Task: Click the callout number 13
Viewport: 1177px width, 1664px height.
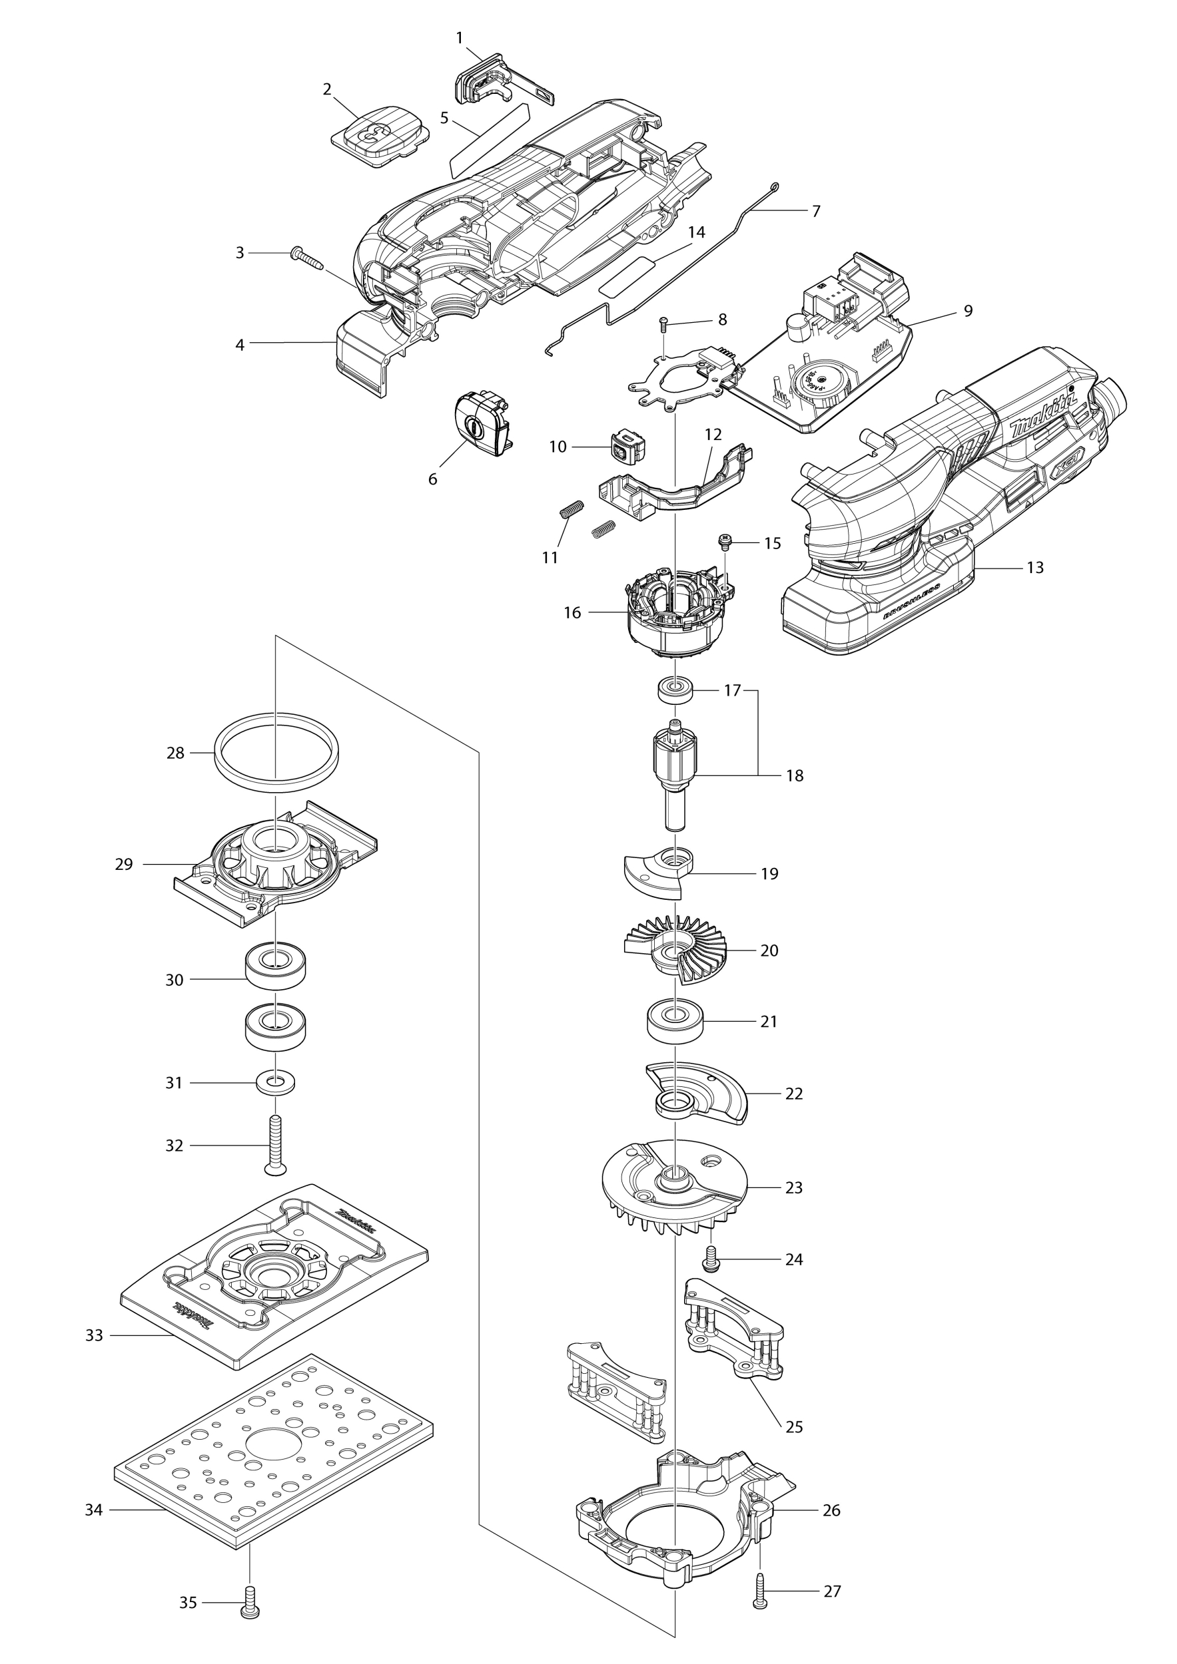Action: (x=1035, y=568)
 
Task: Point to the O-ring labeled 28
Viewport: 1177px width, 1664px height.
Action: (x=276, y=749)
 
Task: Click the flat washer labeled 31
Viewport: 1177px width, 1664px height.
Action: (x=276, y=1083)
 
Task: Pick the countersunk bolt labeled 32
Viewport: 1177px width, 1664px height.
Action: (x=276, y=1145)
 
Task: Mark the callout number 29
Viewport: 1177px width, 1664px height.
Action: (x=124, y=865)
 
